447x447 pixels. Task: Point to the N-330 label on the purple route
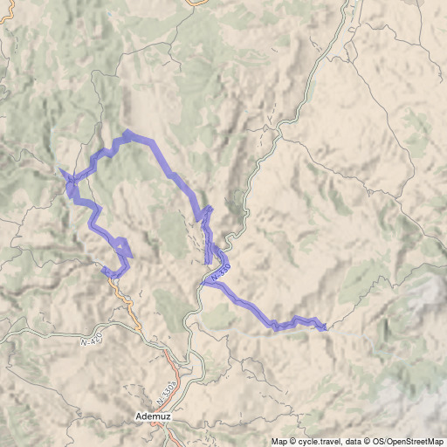220,272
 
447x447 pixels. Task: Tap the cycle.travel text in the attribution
318,441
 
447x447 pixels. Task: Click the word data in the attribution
354,441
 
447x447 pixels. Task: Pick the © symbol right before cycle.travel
294,441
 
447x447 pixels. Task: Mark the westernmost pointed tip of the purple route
58,168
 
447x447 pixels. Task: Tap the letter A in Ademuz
141,417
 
